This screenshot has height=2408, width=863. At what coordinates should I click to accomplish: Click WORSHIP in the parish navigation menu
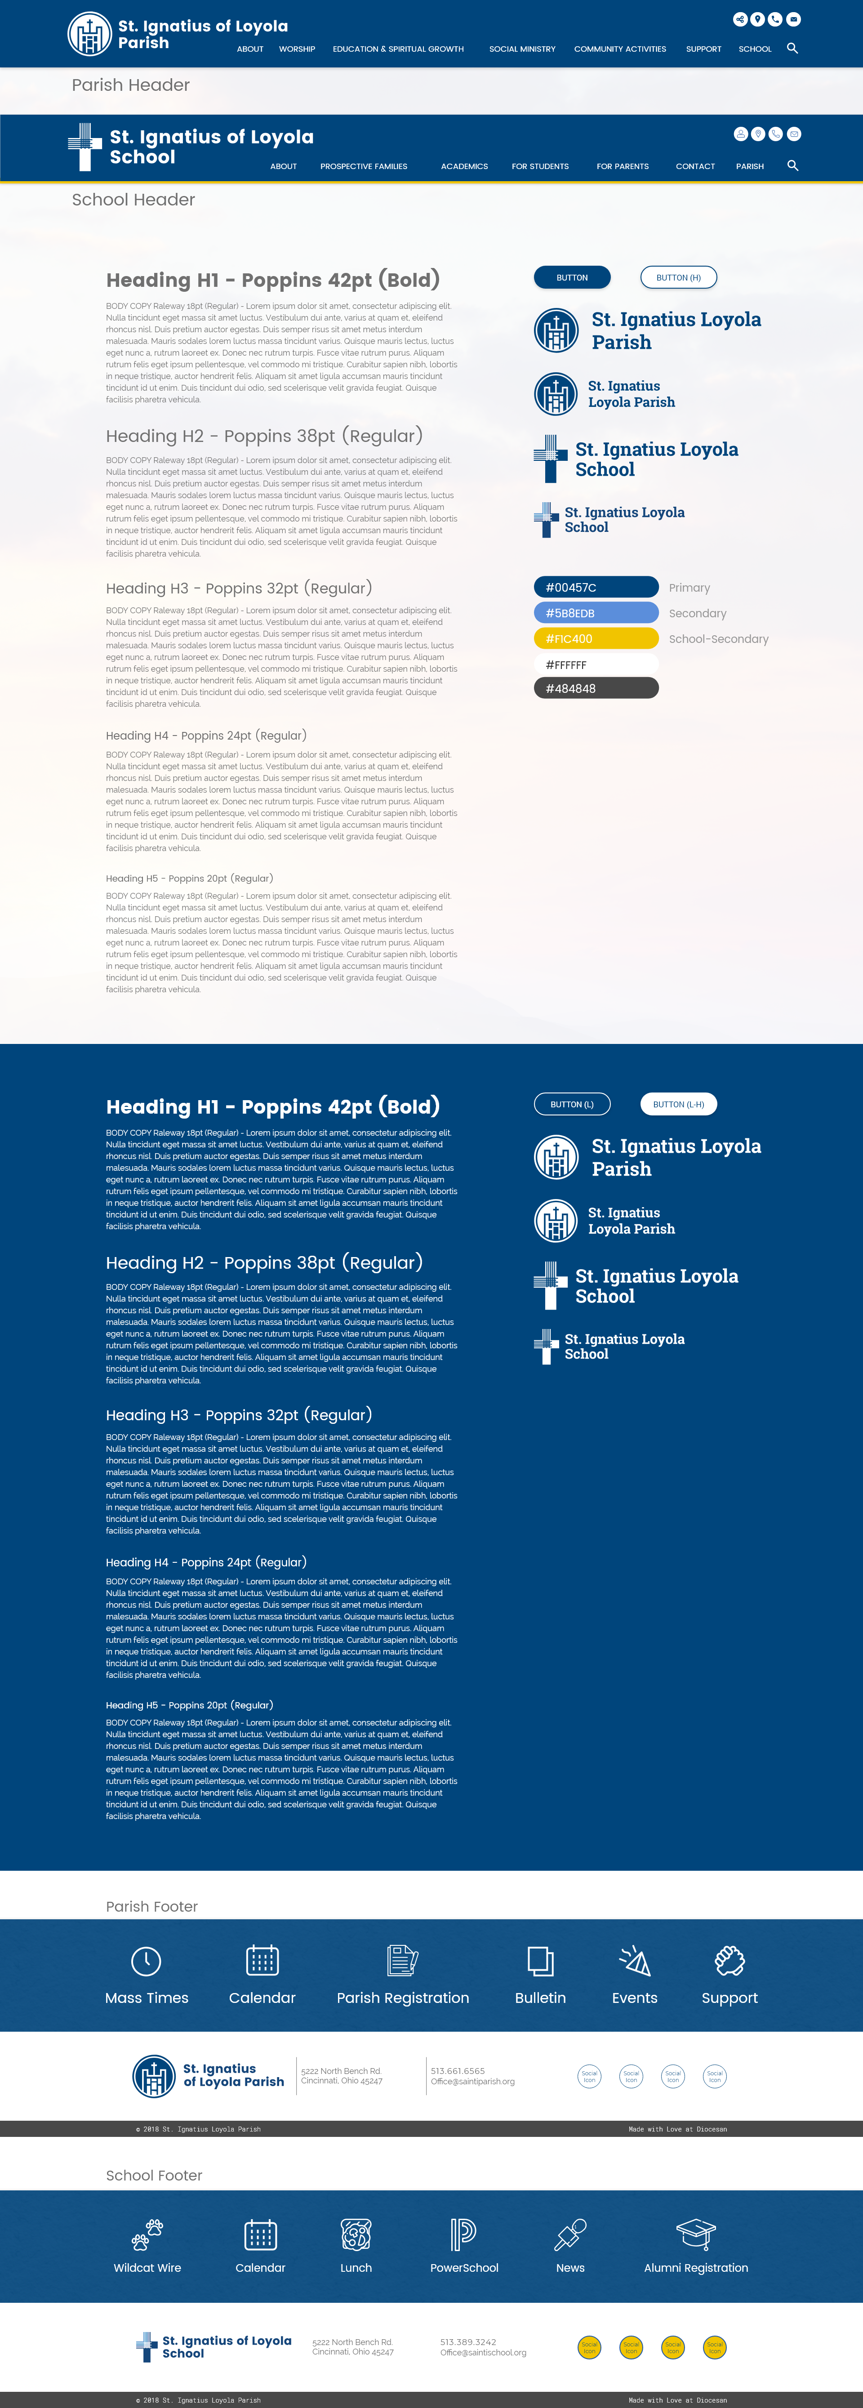tap(296, 49)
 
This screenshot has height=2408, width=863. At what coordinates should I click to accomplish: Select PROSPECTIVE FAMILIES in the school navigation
tap(364, 166)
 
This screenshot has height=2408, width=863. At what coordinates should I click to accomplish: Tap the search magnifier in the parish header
tap(792, 48)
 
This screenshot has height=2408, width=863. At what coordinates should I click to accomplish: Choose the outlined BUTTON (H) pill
tap(678, 278)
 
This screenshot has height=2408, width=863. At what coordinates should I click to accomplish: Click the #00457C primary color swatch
tap(596, 587)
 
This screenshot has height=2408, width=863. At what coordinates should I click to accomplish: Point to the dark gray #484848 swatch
tap(596, 688)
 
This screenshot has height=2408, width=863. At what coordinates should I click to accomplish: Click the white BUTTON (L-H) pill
tap(678, 1104)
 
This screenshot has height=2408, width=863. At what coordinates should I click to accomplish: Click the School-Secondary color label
tap(718, 639)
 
